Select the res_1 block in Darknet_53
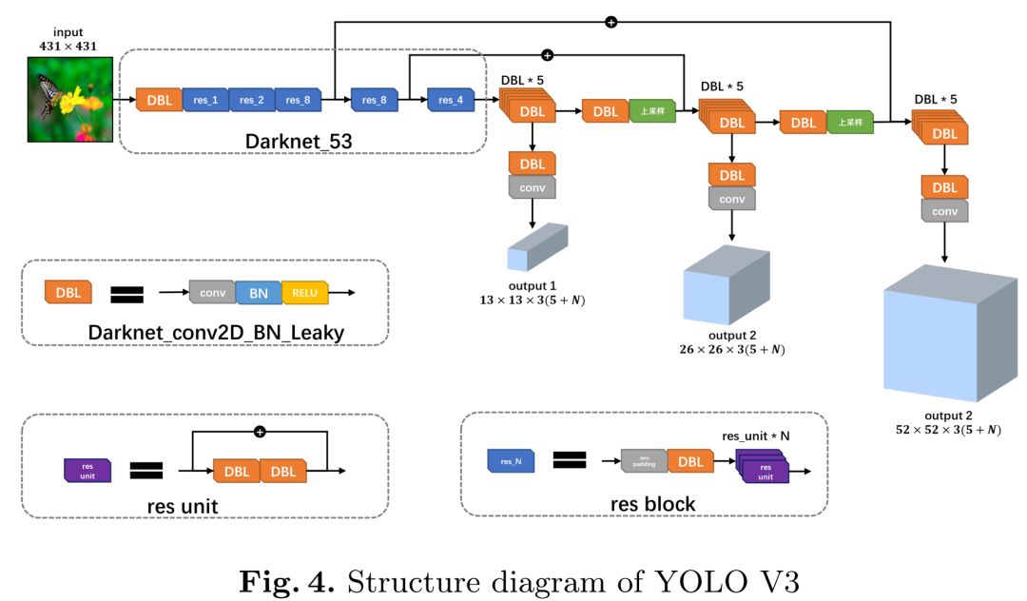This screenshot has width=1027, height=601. click(x=206, y=100)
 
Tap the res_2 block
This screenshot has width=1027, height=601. click(x=252, y=100)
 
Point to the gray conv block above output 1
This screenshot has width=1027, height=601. click(x=533, y=186)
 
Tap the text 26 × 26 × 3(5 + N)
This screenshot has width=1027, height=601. click(x=731, y=350)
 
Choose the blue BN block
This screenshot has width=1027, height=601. click(x=259, y=293)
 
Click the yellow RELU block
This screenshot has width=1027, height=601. click(x=305, y=293)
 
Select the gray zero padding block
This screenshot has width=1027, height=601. click(x=644, y=462)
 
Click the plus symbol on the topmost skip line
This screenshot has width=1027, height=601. click(x=611, y=21)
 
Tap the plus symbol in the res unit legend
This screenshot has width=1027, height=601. click(x=259, y=433)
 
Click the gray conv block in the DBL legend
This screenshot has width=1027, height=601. click(x=212, y=293)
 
